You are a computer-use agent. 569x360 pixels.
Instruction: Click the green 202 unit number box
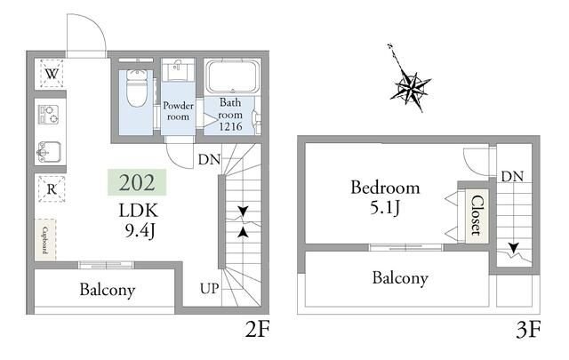pyautogui.click(x=137, y=182)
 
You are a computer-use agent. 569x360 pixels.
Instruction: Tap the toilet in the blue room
pyautogui.click(x=137, y=87)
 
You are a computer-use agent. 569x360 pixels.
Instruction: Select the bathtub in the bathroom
pyautogui.click(x=233, y=76)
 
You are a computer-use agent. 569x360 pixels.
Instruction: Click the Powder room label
pyautogui.click(x=178, y=111)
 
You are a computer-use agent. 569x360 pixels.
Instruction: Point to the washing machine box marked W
pyautogui.click(x=52, y=74)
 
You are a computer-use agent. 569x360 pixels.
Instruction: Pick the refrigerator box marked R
pyautogui.click(x=52, y=188)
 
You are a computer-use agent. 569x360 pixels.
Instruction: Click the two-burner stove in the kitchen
pyautogui.click(x=49, y=115)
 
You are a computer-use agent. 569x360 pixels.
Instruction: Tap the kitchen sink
pyautogui.click(x=49, y=152)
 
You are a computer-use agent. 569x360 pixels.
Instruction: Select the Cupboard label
pyautogui.click(x=45, y=240)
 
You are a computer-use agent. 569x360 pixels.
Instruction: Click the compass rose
pyautogui.click(x=411, y=85)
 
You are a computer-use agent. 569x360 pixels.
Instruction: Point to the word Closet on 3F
pyautogui.click(x=477, y=216)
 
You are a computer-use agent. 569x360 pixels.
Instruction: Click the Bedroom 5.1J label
pyautogui.click(x=385, y=197)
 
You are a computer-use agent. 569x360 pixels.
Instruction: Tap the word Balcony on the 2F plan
pyautogui.click(x=108, y=290)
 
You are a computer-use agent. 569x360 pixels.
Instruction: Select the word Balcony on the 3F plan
pyautogui.click(x=400, y=278)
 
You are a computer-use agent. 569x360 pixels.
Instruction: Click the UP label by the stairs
pyautogui.click(x=210, y=289)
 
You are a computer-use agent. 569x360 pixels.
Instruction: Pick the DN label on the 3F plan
pyautogui.click(x=512, y=176)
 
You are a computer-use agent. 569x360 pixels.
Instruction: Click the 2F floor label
pyautogui.click(x=257, y=330)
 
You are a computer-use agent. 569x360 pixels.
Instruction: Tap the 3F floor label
pyautogui.click(x=528, y=330)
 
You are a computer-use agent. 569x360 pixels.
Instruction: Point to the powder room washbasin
pyautogui.click(x=178, y=69)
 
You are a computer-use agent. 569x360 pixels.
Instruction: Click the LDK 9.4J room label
pyautogui.click(x=140, y=220)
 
